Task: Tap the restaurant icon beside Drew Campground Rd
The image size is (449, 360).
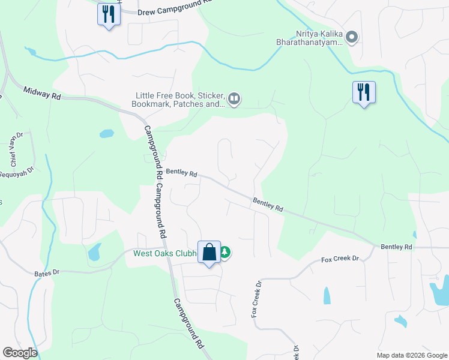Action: [109, 13]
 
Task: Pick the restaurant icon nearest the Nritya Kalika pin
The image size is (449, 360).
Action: [364, 92]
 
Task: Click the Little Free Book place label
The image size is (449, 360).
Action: [179, 100]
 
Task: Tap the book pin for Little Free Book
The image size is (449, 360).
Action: [235, 98]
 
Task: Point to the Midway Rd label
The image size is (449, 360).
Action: [42, 93]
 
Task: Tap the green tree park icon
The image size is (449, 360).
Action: [225, 253]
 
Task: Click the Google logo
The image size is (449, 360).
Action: [20, 353]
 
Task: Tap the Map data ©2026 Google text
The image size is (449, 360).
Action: [411, 355]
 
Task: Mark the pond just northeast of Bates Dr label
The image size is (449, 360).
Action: [94, 253]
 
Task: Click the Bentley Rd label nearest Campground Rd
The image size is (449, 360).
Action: [182, 173]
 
